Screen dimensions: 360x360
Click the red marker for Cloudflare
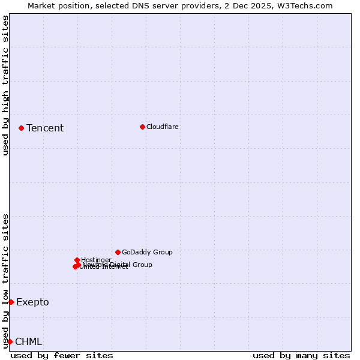142,127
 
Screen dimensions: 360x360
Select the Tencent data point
21,128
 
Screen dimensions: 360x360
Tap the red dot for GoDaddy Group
118,252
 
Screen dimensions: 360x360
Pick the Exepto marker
11,302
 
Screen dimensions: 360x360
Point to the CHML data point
10,341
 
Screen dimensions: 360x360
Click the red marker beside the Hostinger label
77,260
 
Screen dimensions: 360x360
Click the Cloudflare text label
163,127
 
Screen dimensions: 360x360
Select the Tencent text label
45,128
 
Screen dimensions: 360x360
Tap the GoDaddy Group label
147,252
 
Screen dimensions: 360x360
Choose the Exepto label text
32,302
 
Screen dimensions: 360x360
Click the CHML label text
28,341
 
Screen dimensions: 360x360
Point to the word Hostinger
96,260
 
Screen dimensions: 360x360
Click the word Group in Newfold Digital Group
142,265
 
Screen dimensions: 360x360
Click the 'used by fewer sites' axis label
62,355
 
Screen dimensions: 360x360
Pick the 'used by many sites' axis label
301,355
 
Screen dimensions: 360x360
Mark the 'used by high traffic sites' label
5,85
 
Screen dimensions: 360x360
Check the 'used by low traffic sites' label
5,280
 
